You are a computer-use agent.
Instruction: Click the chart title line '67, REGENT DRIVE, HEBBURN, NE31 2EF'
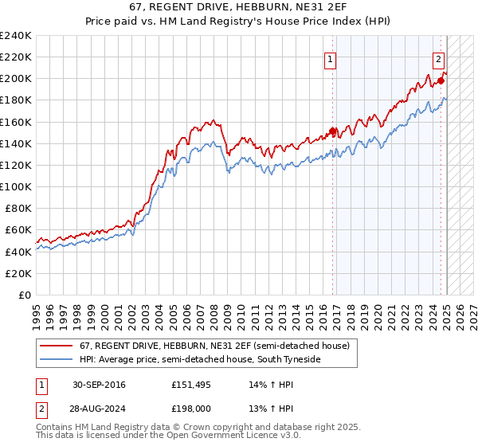pyautogui.click(x=238, y=6)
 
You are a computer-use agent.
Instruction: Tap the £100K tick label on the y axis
pyautogui.click(x=16, y=186)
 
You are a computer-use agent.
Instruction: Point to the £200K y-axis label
pyautogui.click(x=16, y=79)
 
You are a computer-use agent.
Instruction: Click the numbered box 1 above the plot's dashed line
pyautogui.click(x=330, y=58)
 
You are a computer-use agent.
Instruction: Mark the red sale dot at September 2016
pyautogui.click(x=332, y=131)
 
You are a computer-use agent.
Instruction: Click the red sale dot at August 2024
pyautogui.click(x=441, y=80)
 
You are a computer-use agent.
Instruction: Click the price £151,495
pyautogui.click(x=189, y=385)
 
